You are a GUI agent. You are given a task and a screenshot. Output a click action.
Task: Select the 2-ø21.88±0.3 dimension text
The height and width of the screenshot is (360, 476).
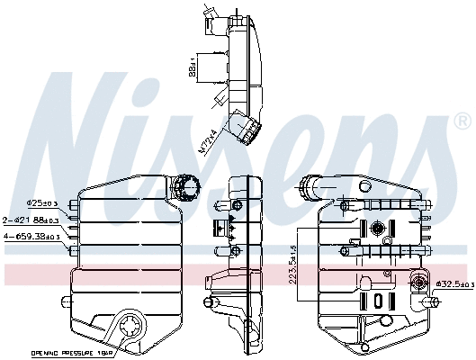point(31,220)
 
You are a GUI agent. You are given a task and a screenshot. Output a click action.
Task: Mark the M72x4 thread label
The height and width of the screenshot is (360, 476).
point(206,143)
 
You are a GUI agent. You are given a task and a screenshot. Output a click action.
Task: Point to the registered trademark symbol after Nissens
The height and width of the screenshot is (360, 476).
point(462,121)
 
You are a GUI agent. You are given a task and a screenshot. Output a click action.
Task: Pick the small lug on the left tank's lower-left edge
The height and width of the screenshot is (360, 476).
point(75,275)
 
